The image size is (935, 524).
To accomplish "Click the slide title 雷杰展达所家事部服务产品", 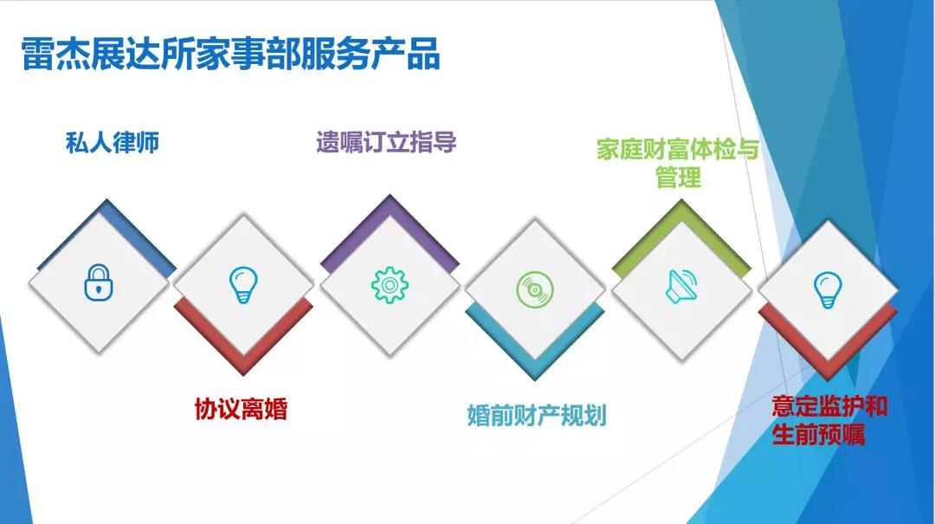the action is pos(231,55).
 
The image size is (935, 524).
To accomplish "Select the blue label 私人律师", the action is pos(113,143).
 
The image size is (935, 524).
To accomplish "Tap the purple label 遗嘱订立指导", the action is pos(386,143).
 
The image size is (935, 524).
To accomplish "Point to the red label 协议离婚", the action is pos(242,410).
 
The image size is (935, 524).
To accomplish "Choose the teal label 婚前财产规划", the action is pos(537,416).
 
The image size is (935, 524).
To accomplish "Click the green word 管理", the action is pos(678,178).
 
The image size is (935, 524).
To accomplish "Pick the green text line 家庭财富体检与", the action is pos(678,149).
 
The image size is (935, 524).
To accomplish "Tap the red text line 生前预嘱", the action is pos(818,434).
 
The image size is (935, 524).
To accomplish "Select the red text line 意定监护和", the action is pos(829,406).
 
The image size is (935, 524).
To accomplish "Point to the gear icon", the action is pos(390,285).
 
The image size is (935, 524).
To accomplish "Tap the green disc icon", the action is pos(535,289).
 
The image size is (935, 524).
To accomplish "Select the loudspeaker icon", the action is pos(681,286).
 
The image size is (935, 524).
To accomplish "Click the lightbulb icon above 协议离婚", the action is pos(243,285).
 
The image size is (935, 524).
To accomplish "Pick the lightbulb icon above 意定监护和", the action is pos(828,289).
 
